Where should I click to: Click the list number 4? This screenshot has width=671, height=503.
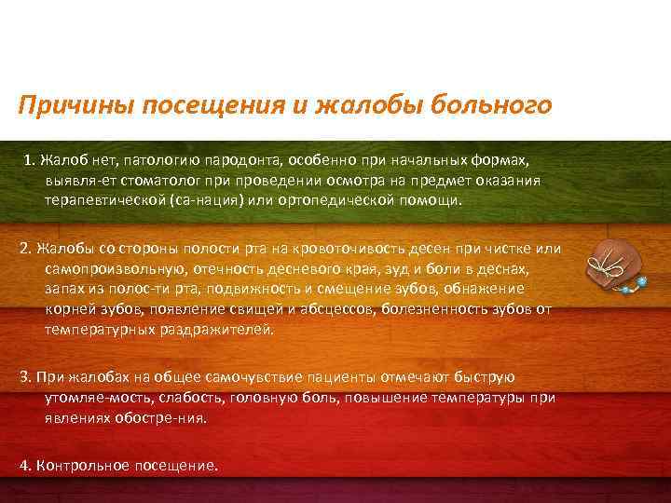[x=23, y=465]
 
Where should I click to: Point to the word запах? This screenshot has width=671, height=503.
[x=63, y=289]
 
